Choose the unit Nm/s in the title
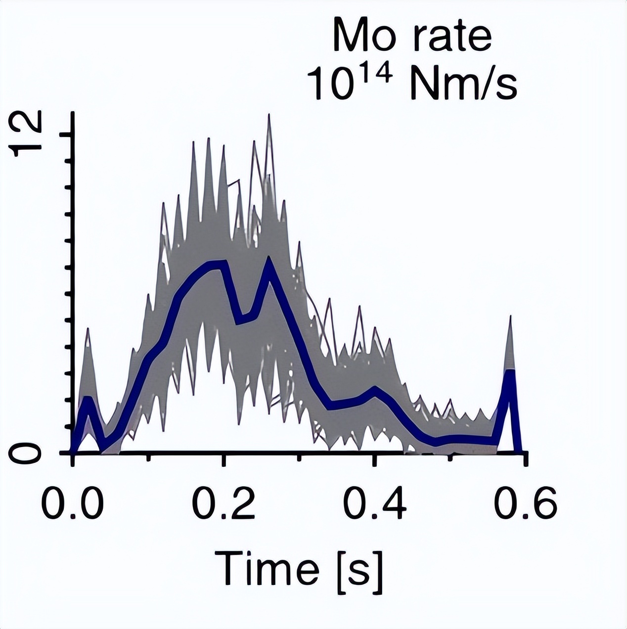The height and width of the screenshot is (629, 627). click(463, 84)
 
